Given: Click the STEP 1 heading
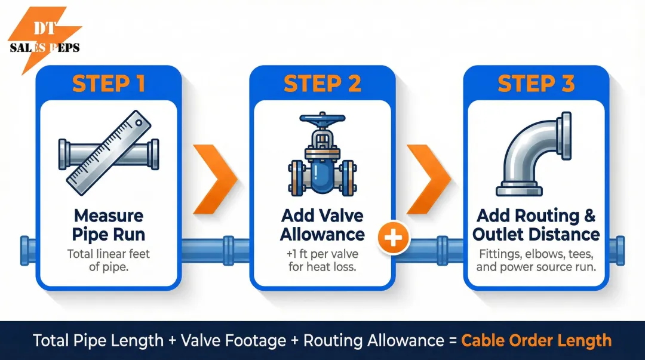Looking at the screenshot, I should (109, 84).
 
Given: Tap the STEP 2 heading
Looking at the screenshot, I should (322, 84).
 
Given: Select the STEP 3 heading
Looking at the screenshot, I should (536, 84).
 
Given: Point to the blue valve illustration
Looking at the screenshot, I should (322, 161).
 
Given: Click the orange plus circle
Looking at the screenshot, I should (393, 239).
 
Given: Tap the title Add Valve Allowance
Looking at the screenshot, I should (322, 224).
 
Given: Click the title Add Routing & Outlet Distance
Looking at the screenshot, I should (536, 224).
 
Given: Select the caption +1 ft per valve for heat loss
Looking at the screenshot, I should (322, 260).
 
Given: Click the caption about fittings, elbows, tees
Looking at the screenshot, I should (536, 260).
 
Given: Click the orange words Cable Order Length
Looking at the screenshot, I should (536, 341).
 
